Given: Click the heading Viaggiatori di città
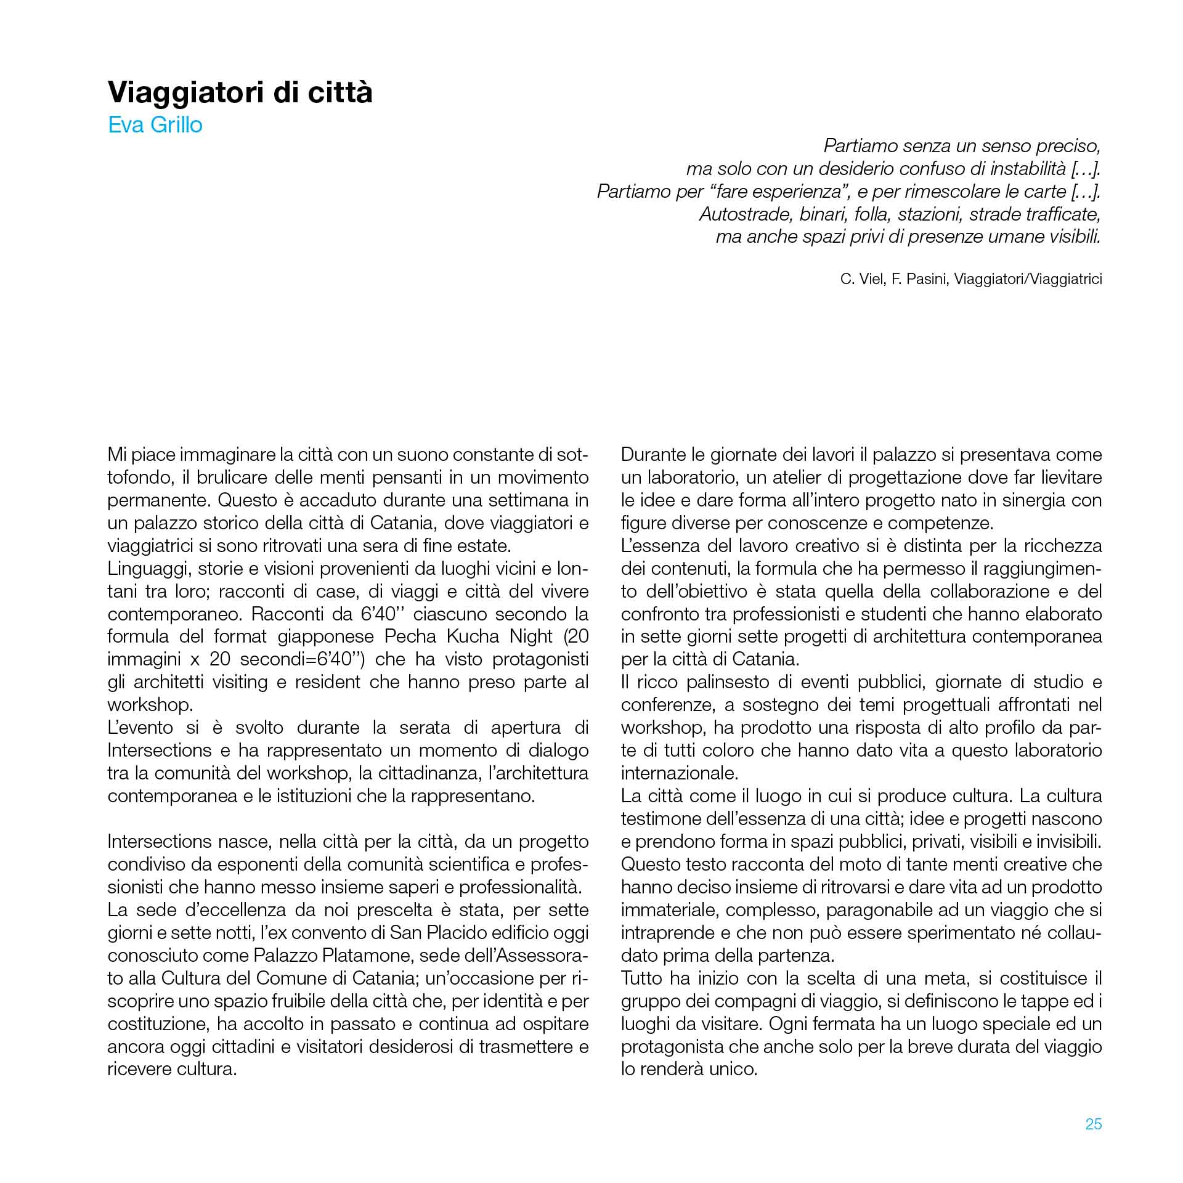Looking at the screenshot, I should pos(240,92).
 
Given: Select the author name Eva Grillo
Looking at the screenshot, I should pos(155,125).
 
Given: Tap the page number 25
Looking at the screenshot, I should pos(1093,1124).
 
